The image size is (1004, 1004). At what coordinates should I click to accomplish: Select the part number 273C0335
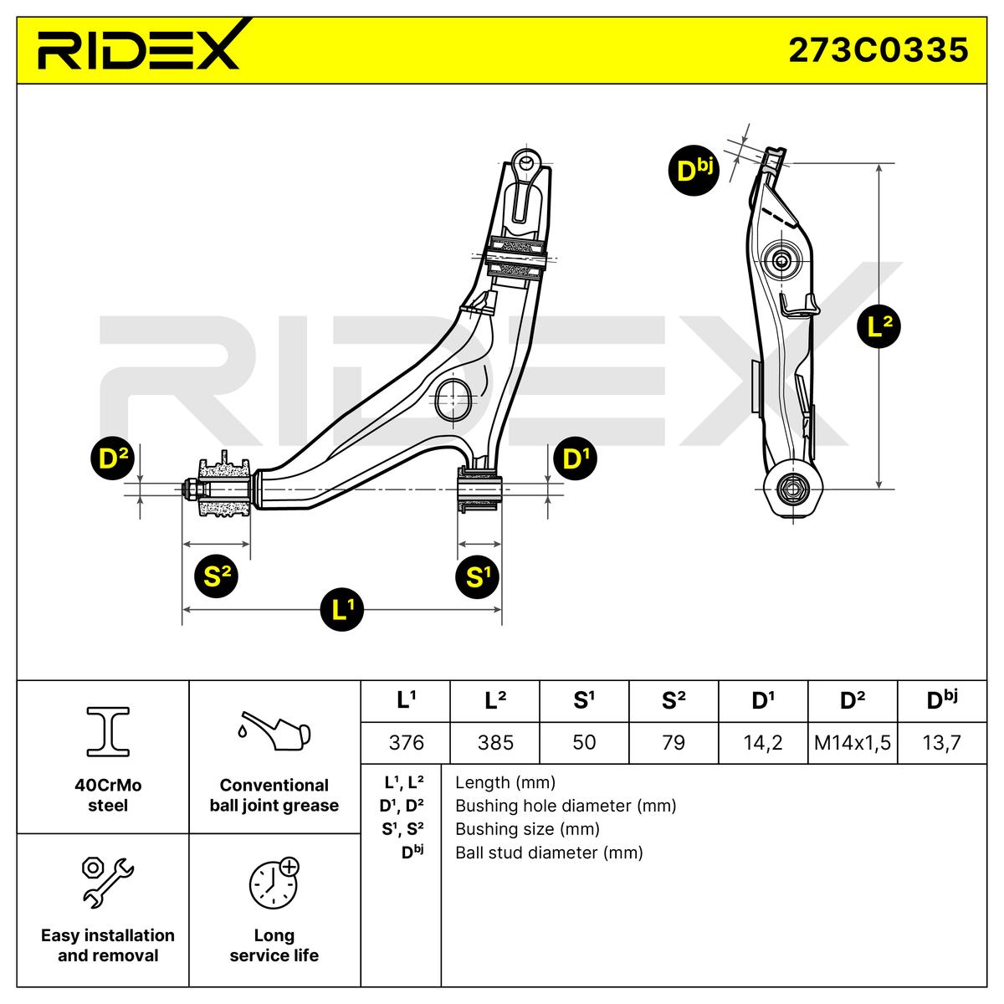pyautogui.click(x=878, y=50)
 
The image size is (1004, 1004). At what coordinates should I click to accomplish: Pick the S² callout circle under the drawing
pyautogui.click(x=216, y=576)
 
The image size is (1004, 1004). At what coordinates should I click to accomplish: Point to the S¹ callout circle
pyautogui.click(x=477, y=576)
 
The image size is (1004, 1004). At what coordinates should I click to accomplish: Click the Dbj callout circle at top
pyautogui.click(x=694, y=171)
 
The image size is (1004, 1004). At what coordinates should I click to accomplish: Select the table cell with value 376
pyautogui.click(x=406, y=742)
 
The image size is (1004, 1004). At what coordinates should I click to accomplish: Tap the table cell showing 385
pyautogui.click(x=495, y=742)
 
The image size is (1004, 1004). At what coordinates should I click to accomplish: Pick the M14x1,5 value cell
pyautogui.click(x=852, y=742)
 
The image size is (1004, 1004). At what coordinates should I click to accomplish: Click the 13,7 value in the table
pyautogui.click(x=942, y=742)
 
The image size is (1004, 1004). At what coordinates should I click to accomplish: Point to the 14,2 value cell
pyautogui.click(x=762, y=742)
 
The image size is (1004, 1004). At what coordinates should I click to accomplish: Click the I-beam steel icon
pyautogui.click(x=108, y=731)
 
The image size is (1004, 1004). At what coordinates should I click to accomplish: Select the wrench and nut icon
pyautogui.click(x=107, y=881)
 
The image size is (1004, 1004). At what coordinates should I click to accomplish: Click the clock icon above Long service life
pyautogui.click(x=273, y=882)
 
